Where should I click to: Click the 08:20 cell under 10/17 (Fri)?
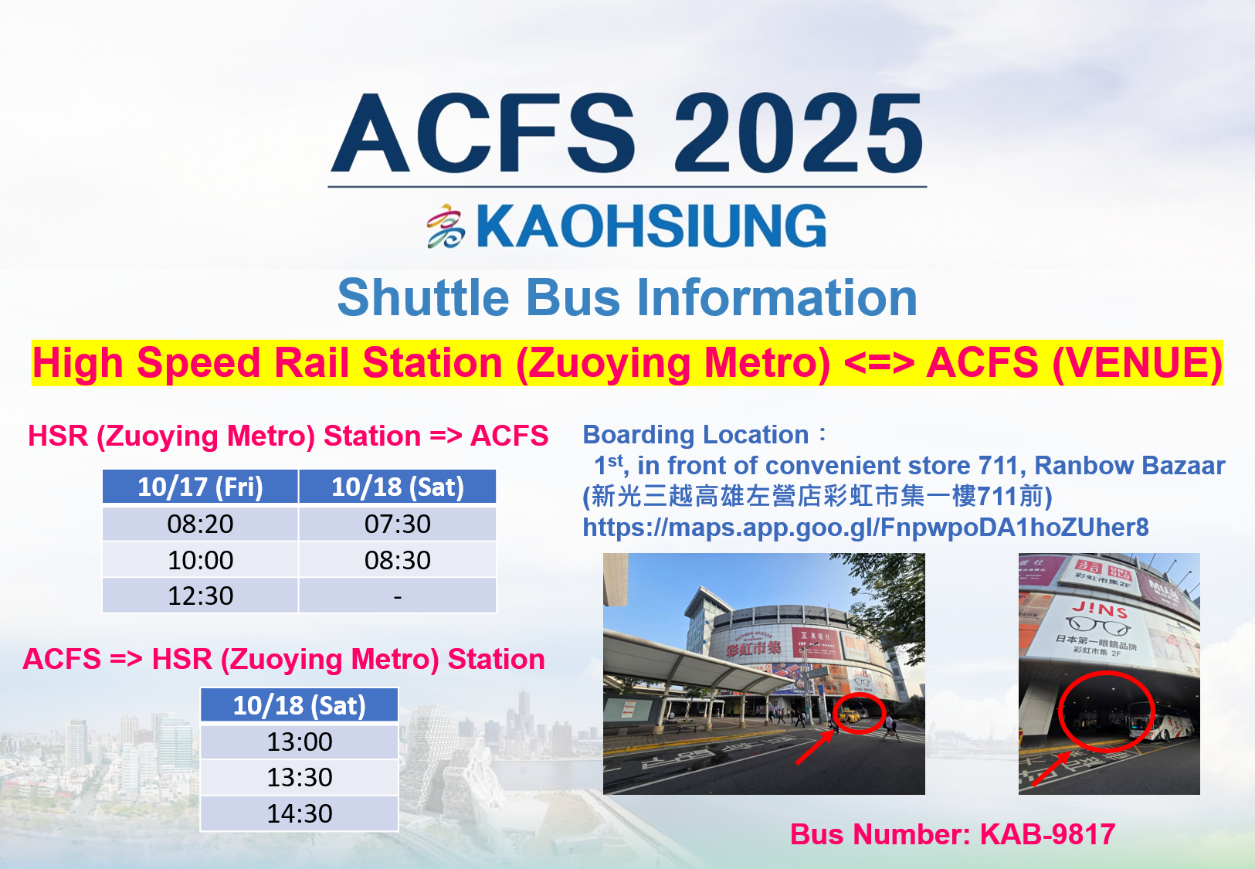200,524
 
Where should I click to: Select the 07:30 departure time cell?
397,524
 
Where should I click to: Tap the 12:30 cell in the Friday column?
200,596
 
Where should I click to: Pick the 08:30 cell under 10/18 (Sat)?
397,560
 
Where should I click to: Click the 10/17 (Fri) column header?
200,487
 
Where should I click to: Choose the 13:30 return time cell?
299,777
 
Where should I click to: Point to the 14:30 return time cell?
299,813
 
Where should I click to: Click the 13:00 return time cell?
299,742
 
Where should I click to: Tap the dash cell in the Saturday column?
397,596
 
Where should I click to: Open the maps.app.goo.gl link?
866,528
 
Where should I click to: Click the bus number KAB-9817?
1047,834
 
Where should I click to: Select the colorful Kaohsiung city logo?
446,226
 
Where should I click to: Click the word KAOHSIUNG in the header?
651,226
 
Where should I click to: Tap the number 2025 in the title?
799,133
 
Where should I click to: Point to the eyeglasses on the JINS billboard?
1098,626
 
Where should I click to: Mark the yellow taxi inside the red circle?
850,715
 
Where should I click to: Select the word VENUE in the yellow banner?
1135,362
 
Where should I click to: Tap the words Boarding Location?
695,435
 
